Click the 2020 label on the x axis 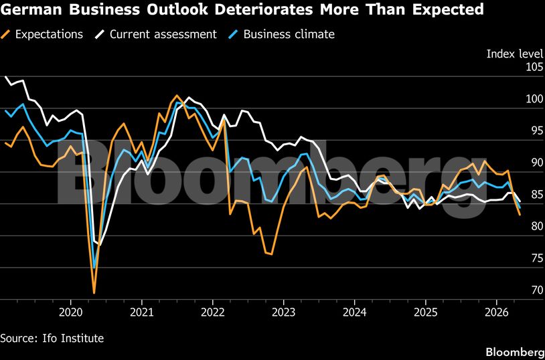click(71, 312)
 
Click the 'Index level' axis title click(514, 54)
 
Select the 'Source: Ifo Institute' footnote click(52, 338)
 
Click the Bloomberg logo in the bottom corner click(514, 351)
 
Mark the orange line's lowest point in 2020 click(94, 292)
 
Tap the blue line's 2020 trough click(94, 268)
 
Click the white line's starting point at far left click(5, 76)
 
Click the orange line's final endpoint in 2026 click(520, 215)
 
